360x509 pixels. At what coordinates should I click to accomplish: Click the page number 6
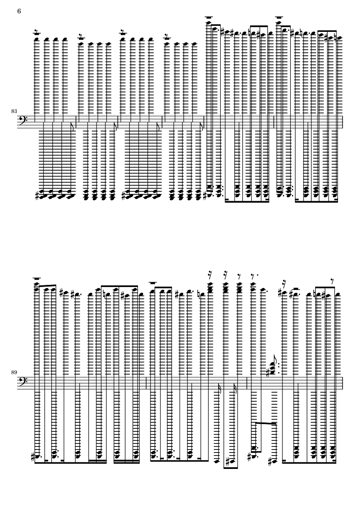(x=19, y=11)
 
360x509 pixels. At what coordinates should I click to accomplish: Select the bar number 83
(x=14, y=111)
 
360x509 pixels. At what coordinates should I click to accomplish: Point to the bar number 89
(x=14, y=372)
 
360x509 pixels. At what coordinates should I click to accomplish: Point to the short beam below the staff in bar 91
(x=266, y=423)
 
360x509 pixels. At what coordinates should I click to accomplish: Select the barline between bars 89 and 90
(x=147, y=383)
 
